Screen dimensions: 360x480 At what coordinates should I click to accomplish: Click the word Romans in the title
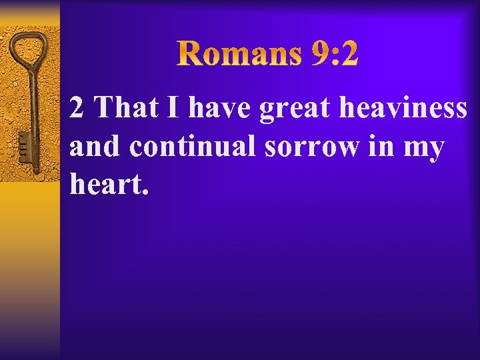point(239,54)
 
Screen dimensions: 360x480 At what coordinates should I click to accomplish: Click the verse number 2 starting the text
point(77,107)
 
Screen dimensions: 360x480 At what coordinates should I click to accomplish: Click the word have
point(219,107)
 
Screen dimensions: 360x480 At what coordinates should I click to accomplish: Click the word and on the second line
point(96,146)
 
